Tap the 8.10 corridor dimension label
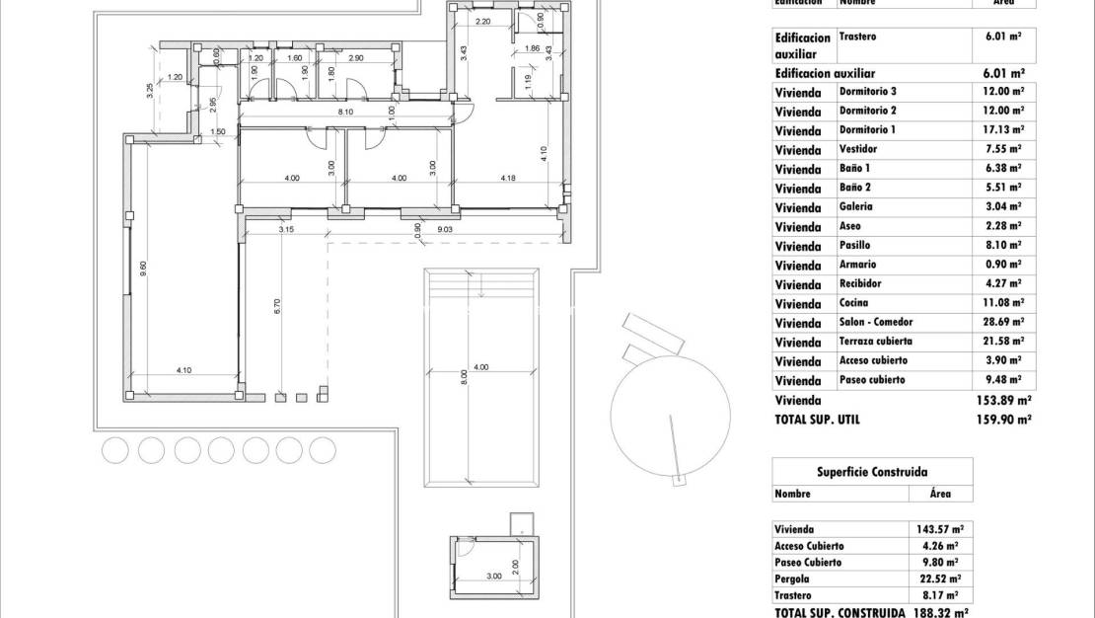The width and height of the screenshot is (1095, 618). [x=345, y=113]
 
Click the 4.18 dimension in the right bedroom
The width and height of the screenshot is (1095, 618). [x=508, y=178]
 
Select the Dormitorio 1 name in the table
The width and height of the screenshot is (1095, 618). [x=867, y=129]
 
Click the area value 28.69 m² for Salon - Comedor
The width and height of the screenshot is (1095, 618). [x=1002, y=322]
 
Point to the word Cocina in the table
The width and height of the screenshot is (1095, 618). [x=854, y=303]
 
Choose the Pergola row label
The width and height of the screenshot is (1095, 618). [x=794, y=579]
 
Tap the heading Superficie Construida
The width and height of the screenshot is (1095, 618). [x=872, y=471]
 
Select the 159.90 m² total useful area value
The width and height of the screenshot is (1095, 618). [x=1003, y=419]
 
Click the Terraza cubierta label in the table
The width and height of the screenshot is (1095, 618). [x=878, y=342]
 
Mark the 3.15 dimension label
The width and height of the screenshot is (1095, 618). [x=286, y=229]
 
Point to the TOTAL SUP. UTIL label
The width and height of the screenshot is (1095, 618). [x=818, y=419]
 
